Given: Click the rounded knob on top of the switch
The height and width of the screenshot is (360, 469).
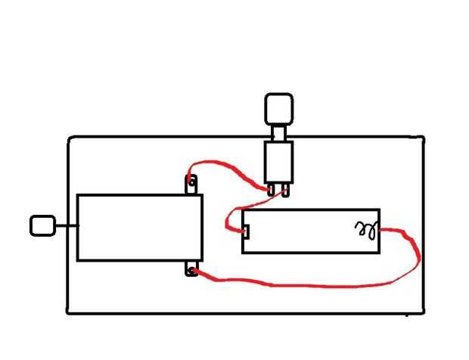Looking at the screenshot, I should (x=278, y=108).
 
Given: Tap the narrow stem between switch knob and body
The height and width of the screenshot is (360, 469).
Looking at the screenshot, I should (x=278, y=132).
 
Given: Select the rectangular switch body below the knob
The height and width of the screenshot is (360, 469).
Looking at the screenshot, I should (x=278, y=160).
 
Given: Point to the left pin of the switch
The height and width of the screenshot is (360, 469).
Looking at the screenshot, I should (x=271, y=190).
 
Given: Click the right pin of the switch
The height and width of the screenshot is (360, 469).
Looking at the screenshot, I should (x=285, y=190).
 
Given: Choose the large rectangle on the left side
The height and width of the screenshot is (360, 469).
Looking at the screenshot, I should (x=140, y=228).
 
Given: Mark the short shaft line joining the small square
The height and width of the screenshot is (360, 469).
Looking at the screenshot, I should (x=66, y=225).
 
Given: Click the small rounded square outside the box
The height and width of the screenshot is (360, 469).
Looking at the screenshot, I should (x=42, y=225).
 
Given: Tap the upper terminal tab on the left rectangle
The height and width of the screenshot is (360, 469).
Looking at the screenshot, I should (x=191, y=183).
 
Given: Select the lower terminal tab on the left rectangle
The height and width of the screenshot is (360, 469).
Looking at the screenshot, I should (x=191, y=269).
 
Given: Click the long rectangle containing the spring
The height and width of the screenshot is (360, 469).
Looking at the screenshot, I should (x=310, y=231).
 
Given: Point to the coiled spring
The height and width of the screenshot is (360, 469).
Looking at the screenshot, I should (x=366, y=229).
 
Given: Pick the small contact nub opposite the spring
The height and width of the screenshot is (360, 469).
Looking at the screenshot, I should (x=245, y=231).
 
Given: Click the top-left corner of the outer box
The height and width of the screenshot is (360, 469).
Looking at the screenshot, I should (x=70, y=138).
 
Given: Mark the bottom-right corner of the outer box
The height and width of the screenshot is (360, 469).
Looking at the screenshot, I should (x=424, y=311).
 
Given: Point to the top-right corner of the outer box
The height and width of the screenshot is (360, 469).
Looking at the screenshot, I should (x=423, y=138).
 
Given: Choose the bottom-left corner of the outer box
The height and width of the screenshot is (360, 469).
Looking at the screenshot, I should (x=69, y=311).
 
